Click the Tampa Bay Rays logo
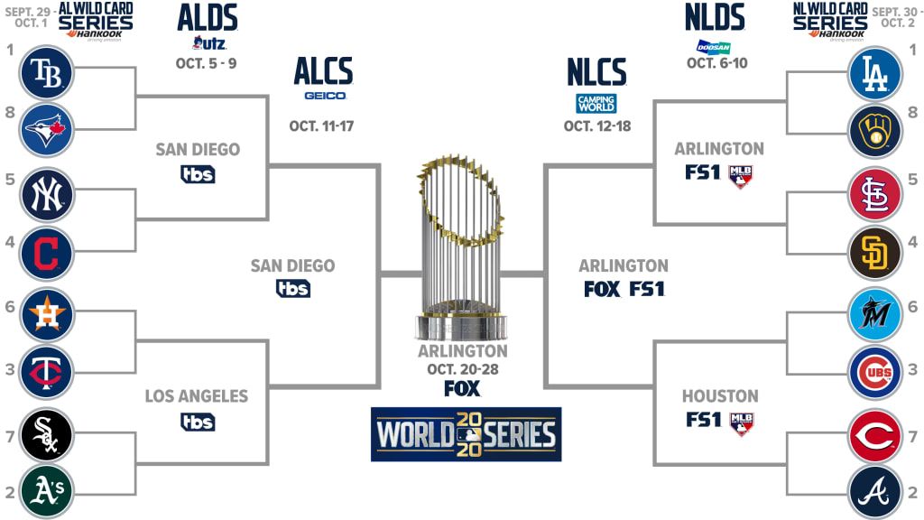pos(47,73)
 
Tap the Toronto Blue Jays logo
pos(47,130)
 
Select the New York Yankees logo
pos(47,195)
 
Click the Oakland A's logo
pos(47,491)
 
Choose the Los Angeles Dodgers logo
pos(875,74)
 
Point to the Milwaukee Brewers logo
pos(875,131)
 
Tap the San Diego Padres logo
pos(875,253)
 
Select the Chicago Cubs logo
pos(875,373)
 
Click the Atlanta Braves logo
pos(875,492)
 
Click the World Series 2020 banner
pos(467,434)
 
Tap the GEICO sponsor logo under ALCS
pos(325,96)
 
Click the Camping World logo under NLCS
pos(596,104)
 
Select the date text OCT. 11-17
pos(321,126)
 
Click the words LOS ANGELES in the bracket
pos(197,396)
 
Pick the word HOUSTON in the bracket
pos(720,396)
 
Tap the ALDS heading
pos(208,18)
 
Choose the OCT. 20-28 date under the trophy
pos(463,369)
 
